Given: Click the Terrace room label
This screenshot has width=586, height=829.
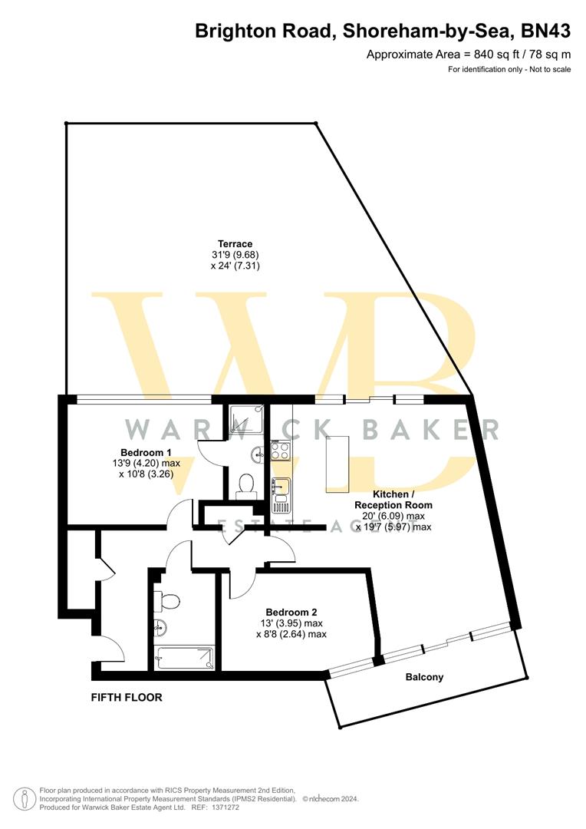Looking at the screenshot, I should tap(235, 244).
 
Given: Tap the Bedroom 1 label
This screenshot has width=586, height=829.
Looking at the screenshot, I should tap(146, 452).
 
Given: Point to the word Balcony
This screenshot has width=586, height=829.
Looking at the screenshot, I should tap(424, 677).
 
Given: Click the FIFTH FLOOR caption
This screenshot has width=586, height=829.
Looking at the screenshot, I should tap(127, 698).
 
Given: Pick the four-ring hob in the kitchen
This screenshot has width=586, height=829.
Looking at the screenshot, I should tap(280, 451).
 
